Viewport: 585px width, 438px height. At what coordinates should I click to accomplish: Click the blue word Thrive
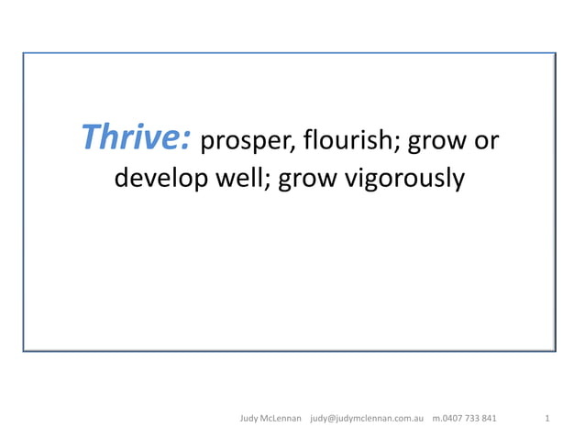(x=133, y=137)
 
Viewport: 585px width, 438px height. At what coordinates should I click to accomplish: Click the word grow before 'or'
(x=436, y=143)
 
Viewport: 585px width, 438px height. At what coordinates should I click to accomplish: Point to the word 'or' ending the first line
(x=487, y=143)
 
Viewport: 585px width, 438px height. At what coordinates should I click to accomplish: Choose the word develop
(x=160, y=179)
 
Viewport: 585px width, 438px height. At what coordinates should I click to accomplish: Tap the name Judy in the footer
(x=250, y=419)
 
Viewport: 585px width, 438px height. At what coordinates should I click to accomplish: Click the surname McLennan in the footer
(x=282, y=419)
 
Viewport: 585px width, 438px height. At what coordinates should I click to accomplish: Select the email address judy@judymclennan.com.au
(x=367, y=419)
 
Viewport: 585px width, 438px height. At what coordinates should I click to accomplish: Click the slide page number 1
(x=546, y=419)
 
